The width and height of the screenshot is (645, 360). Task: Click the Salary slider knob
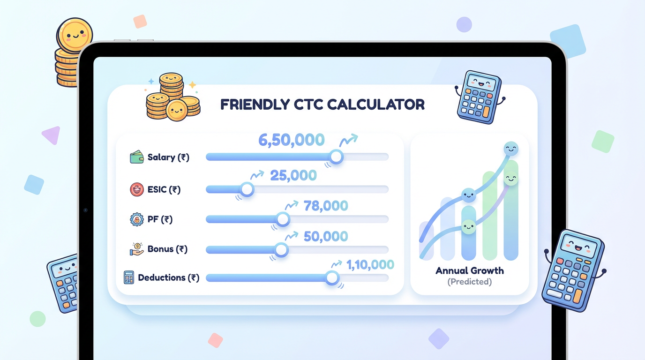[x=336, y=157]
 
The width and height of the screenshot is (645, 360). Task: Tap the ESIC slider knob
[x=247, y=189]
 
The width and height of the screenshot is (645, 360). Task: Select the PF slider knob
[x=283, y=219]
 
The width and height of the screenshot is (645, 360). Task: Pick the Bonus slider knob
[x=281, y=250]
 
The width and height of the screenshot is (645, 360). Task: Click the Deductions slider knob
[x=332, y=278]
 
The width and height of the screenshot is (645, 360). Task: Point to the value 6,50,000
[x=292, y=140]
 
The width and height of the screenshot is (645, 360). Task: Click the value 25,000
[x=293, y=175]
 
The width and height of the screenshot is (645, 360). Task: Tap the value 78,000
[x=326, y=206]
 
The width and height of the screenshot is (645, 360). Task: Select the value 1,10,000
[x=370, y=265]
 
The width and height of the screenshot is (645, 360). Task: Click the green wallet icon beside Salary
[x=137, y=157]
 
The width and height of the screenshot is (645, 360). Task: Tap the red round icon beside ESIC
[x=137, y=189]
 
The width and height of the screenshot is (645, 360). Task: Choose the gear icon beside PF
[x=137, y=219]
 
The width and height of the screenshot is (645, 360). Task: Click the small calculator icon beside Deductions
[x=129, y=277]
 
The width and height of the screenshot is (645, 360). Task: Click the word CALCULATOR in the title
[x=376, y=105]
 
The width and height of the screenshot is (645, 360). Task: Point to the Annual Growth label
[x=470, y=270]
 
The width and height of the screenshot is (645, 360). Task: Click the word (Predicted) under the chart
[x=470, y=281]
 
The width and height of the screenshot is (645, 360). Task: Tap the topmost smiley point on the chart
[x=511, y=149]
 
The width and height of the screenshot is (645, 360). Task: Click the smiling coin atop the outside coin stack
[x=75, y=36]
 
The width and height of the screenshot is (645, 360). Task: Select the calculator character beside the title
[x=480, y=97]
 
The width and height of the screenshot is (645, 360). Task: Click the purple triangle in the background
[x=52, y=135]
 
